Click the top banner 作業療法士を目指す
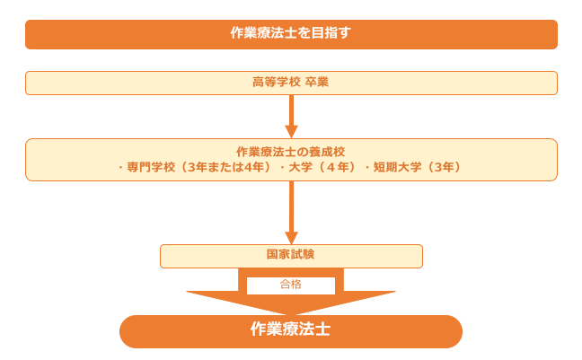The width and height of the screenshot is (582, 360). tap(291, 34)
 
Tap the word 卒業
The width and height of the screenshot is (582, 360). tap(316, 83)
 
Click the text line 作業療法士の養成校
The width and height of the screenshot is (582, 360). tap(290, 152)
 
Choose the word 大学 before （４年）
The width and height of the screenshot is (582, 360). tap(300, 167)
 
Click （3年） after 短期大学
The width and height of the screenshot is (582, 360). tap(446, 167)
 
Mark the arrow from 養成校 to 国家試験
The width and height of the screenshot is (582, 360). tap(291, 212)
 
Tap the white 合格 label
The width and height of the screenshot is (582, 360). tap(291, 285)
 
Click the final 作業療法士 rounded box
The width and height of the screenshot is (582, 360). tap(290, 330)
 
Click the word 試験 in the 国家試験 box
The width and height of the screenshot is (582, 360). tap(303, 255)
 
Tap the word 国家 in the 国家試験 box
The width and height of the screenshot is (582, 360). tap(278, 255)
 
